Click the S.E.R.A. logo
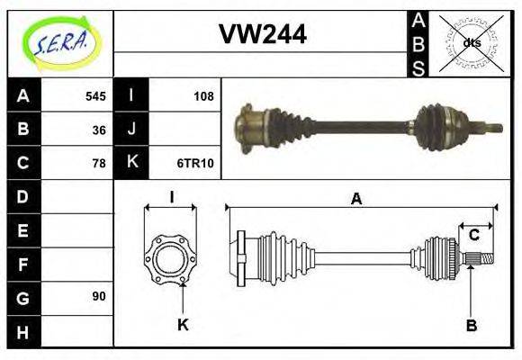click(x=60, y=42)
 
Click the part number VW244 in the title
click(x=263, y=34)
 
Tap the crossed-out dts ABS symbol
click(x=472, y=42)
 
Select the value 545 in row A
click(x=95, y=95)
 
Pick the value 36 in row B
click(x=99, y=130)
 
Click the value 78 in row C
click(x=99, y=163)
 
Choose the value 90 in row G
click(x=99, y=296)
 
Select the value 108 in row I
click(x=204, y=95)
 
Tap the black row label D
click(x=22, y=196)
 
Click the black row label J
click(x=131, y=130)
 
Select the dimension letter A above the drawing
click(x=357, y=199)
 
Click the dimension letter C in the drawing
click(x=473, y=236)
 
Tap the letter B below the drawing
click(x=472, y=325)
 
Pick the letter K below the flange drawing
click(x=183, y=325)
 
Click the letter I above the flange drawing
click(x=171, y=197)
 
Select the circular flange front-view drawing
click(x=171, y=258)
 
